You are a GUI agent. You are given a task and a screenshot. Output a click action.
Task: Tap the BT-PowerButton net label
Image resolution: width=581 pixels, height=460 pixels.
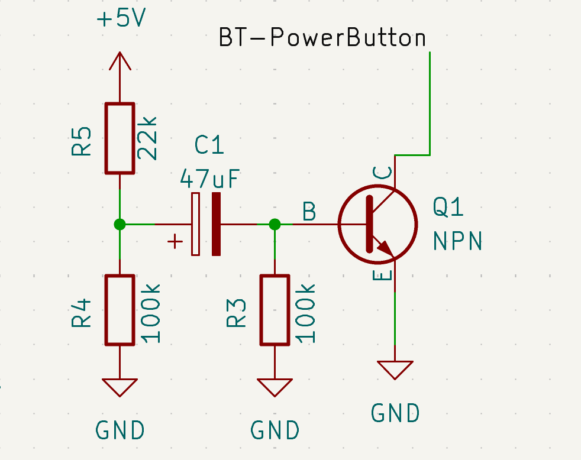pyautogui.click(x=322, y=38)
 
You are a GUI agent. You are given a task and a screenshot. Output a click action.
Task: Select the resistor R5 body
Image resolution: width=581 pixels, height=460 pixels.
pyautogui.click(x=120, y=138)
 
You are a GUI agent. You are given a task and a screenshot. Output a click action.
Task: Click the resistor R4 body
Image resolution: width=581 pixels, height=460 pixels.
pyautogui.click(x=120, y=309)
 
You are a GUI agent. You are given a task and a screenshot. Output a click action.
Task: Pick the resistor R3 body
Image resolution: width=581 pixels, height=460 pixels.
pyautogui.click(x=275, y=309)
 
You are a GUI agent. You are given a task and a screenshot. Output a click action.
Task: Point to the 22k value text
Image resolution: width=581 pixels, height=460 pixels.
pyautogui.click(x=148, y=138)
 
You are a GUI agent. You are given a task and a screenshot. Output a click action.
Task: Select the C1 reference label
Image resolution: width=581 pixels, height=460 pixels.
pyautogui.click(x=210, y=145)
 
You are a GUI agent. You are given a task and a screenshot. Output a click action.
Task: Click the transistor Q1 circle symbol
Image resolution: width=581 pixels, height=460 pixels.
pyautogui.click(x=377, y=224)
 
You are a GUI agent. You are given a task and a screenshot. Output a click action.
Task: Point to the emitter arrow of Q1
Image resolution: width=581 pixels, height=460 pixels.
pyautogui.click(x=383, y=247)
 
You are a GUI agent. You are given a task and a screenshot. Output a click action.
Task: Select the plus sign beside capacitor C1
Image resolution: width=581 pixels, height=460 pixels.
pyautogui.click(x=175, y=241)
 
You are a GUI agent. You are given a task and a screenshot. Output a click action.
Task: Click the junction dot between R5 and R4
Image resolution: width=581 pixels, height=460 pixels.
pyautogui.click(x=120, y=224)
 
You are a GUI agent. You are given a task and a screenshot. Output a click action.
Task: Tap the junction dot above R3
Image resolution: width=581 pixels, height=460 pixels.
pyautogui.click(x=275, y=224)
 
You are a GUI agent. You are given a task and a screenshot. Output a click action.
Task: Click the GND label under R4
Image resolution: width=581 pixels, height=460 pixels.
pyautogui.click(x=120, y=430)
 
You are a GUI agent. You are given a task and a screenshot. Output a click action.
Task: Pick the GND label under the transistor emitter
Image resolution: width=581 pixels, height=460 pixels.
pyautogui.click(x=395, y=413)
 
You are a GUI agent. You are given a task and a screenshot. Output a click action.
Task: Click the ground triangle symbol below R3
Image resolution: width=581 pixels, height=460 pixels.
pyautogui.click(x=275, y=387)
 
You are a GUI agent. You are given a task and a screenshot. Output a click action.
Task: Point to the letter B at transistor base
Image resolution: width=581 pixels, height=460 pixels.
pyautogui.click(x=309, y=212)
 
